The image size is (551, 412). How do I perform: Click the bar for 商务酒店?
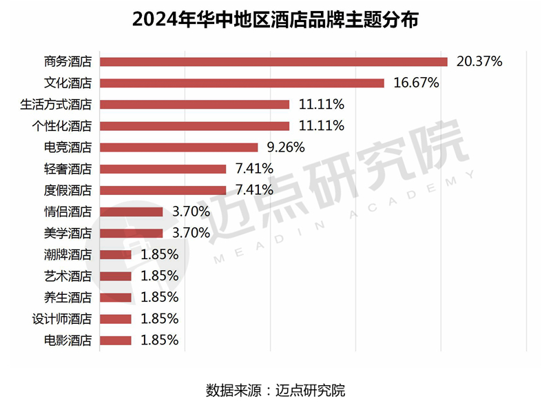click(x=273, y=61)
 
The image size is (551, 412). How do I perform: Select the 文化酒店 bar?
click(x=242, y=83)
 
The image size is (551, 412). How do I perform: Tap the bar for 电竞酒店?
click(x=178, y=147)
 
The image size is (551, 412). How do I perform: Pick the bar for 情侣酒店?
click(x=131, y=212)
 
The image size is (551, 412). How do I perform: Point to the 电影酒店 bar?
click(x=115, y=340)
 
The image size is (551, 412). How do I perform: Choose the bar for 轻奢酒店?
click(x=163, y=169)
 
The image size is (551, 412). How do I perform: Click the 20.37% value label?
click(x=479, y=61)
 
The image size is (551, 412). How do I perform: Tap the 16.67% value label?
click(x=416, y=83)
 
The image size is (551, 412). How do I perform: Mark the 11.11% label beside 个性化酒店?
click(x=321, y=125)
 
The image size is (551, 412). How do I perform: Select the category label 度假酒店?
click(x=67, y=190)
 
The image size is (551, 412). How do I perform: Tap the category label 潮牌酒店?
click(x=67, y=254)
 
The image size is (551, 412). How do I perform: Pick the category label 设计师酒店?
click(x=62, y=318)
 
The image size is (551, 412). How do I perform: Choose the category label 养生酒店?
click(x=67, y=297)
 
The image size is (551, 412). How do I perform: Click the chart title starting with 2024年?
click(x=275, y=19)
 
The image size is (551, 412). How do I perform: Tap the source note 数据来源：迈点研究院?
click(x=275, y=391)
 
